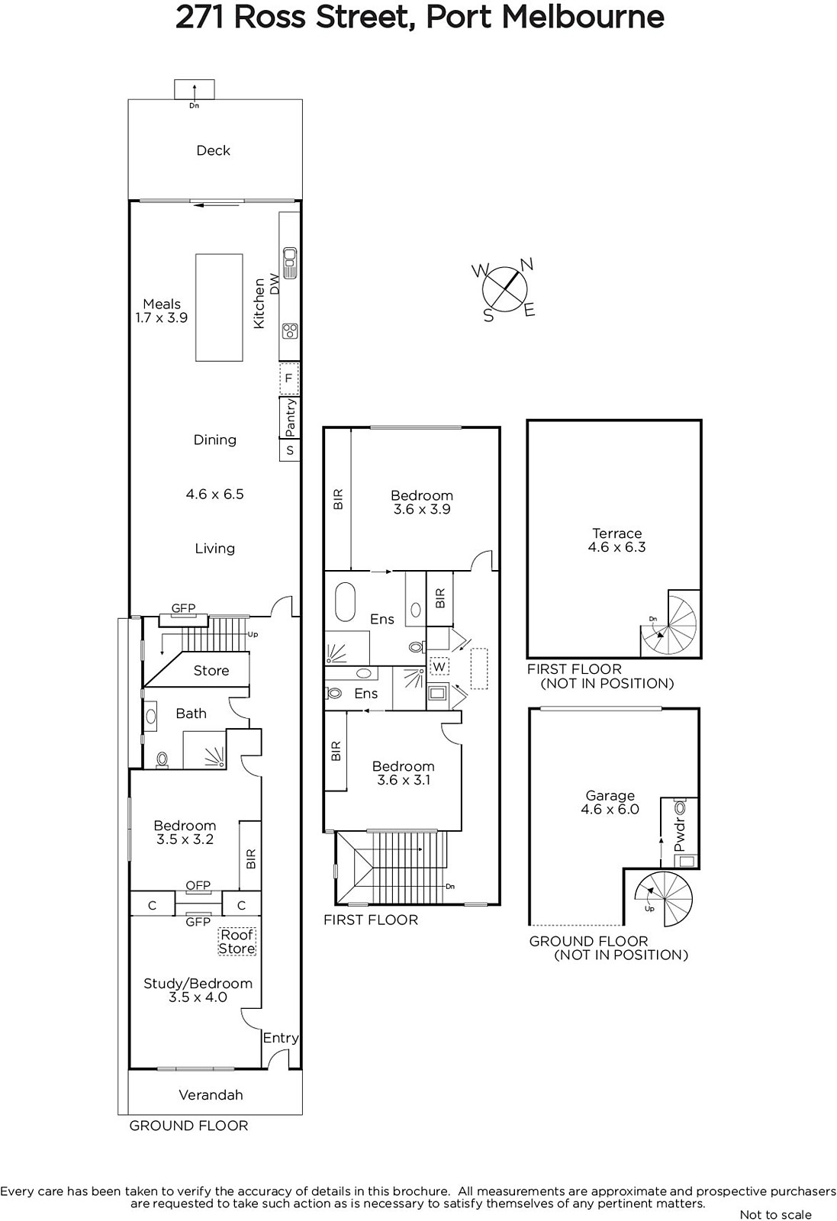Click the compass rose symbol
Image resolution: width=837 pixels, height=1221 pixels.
[x=504, y=289]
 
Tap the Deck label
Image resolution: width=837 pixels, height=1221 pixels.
[x=213, y=150]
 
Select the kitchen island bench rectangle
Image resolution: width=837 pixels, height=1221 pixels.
[x=219, y=308]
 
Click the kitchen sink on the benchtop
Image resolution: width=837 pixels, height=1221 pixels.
[x=289, y=263]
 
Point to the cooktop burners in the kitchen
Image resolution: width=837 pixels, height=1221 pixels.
[x=289, y=331]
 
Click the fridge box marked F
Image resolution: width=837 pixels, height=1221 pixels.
[x=289, y=379]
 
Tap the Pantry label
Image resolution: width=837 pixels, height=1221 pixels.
[x=289, y=417]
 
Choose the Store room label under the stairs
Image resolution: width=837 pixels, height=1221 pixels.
[x=211, y=671]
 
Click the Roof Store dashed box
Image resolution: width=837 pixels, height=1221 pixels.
[x=237, y=942]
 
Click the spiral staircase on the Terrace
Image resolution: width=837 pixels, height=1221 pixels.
[x=668, y=625]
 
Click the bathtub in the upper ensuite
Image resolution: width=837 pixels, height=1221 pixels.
[x=345, y=602]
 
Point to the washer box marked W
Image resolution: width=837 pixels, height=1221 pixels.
[x=439, y=666]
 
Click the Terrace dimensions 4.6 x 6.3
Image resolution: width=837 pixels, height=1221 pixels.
[x=616, y=547]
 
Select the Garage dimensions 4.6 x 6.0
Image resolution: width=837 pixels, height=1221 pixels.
[x=610, y=810]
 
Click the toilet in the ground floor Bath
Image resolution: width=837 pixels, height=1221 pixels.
[x=162, y=759]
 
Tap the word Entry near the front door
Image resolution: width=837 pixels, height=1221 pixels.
[x=281, y=1038]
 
